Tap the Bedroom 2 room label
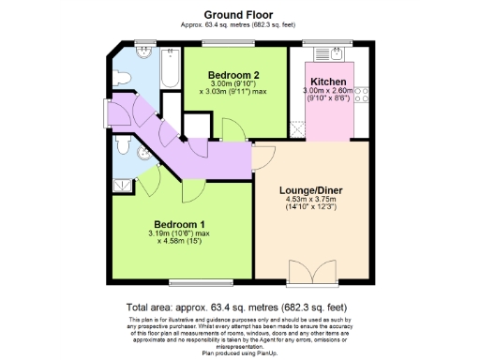pyautogui.click(x=233, y=75)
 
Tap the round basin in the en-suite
pyautogui.click(x=142, y=155)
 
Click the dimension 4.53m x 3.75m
pyautogui.click(x=311, y=202)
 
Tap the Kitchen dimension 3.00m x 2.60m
pyautogui.click(x=325, y=92)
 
